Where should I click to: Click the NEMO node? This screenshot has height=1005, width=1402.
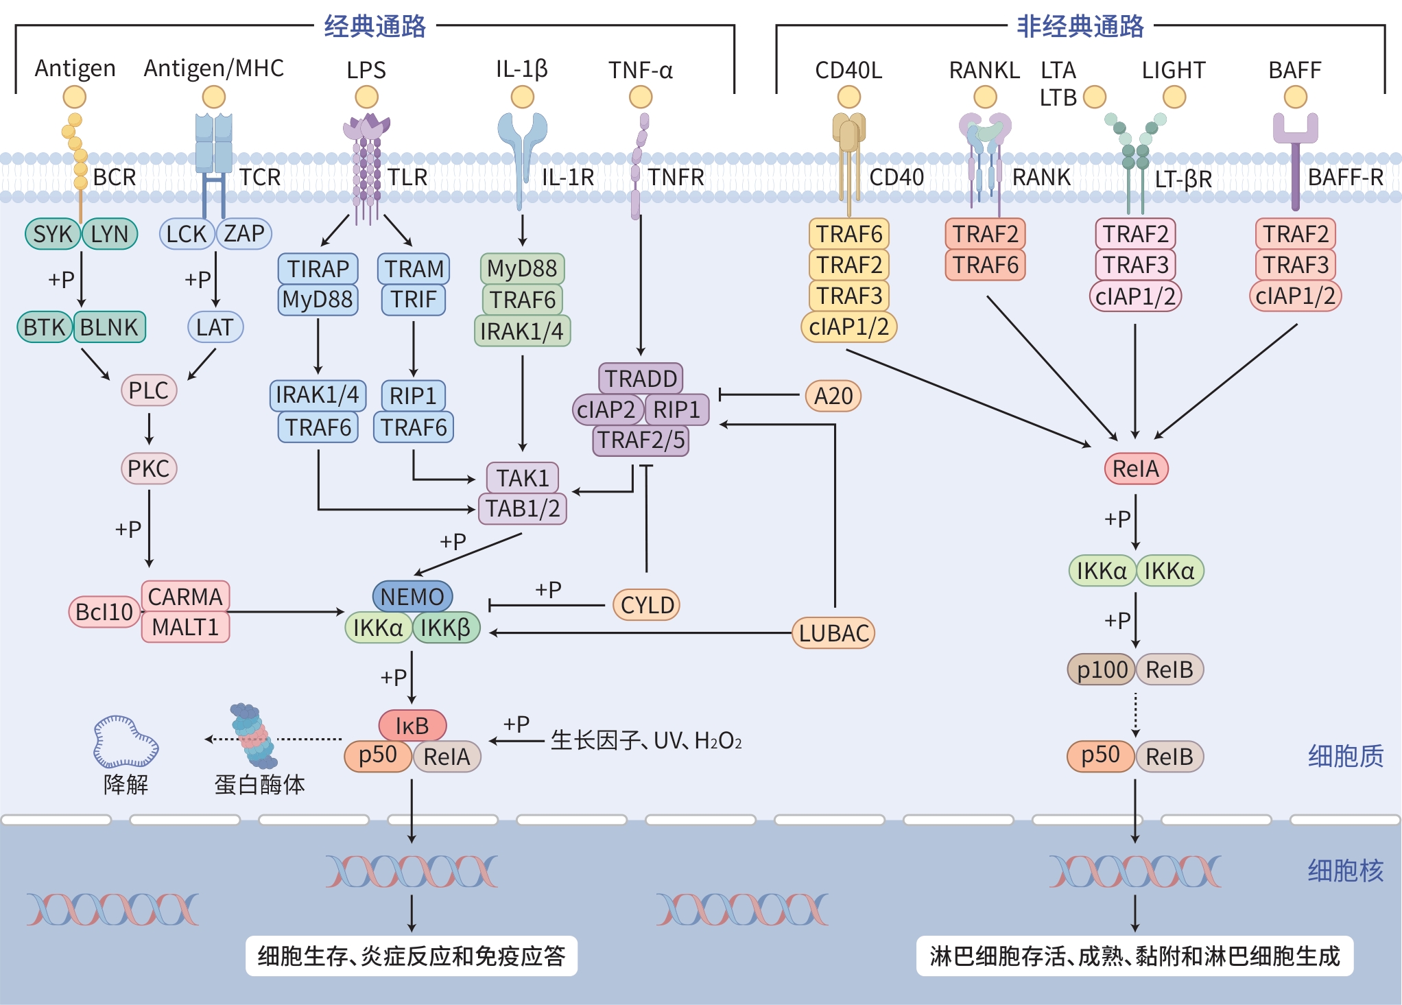point(412,596)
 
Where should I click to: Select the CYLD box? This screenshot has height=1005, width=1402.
point(646,604)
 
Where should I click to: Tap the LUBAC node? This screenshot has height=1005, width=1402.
point(833,632)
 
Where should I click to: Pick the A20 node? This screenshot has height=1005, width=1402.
point(833,396)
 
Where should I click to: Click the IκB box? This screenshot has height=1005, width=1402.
point(412,725)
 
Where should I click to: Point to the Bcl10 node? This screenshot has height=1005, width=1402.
point(104,611)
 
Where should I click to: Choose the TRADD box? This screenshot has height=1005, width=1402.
point(641,378)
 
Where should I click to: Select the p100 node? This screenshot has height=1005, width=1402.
point(1102,670)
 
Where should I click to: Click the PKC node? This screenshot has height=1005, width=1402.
point(148,469)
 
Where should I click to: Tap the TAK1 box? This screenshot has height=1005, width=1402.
point(522,477)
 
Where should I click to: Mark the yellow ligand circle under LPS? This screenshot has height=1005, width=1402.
point(366,97)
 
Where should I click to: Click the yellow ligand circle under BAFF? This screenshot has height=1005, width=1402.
point(1295,97)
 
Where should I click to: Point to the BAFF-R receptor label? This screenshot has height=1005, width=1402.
point(1345,178)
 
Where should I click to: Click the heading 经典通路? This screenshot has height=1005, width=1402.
point(375,27)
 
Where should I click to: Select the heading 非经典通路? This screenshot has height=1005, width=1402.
point(1080,27)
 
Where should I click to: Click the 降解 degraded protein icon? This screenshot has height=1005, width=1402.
point(126,742)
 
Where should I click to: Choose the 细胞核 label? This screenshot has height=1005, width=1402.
point(1345,871)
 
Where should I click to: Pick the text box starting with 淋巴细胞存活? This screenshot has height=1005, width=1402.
point(1134,956)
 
